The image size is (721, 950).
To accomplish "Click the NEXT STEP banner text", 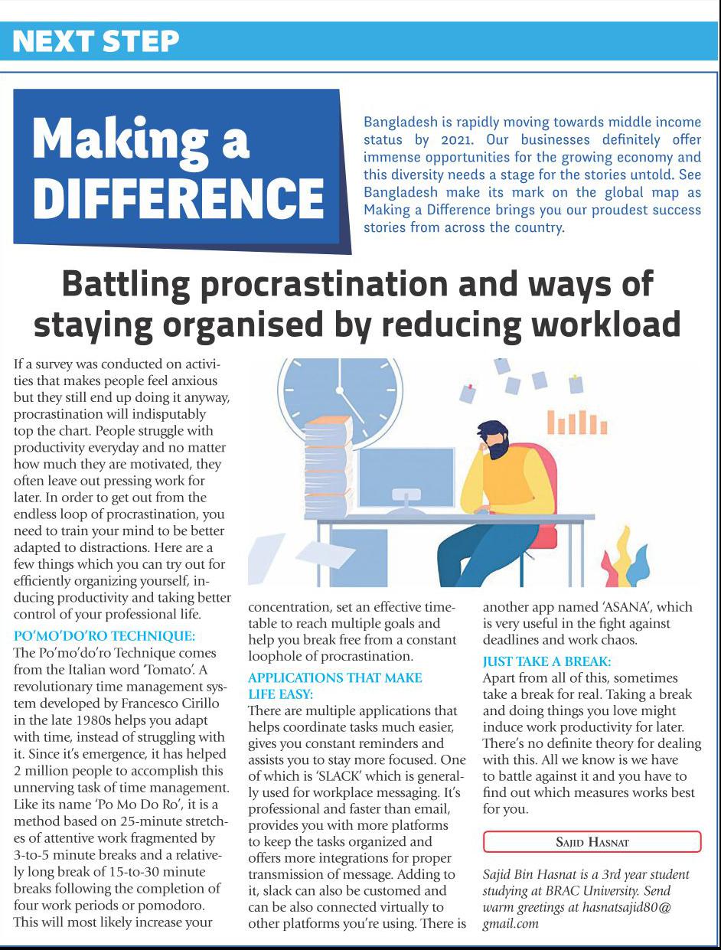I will [x=96, y=41].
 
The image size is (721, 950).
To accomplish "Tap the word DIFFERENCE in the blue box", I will [x=178, y=197].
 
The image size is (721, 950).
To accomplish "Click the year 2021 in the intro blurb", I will [x=457, y=139].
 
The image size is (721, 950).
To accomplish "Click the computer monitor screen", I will [x=405, y=471].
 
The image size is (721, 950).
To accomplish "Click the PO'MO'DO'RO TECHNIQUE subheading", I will [x=105, y=635].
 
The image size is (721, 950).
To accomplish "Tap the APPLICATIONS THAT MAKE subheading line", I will [x=335, y=677].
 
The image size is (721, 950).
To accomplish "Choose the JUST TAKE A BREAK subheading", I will [x=546, y=661].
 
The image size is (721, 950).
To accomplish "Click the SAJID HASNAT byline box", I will [x=592, y=841].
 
